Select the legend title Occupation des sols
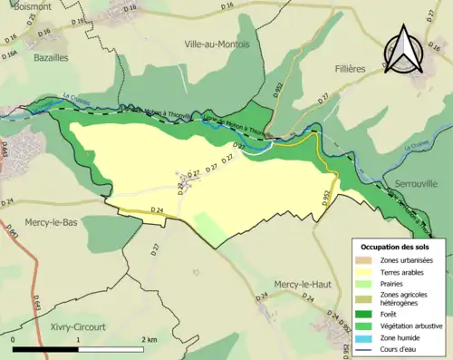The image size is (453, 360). pos(396,247)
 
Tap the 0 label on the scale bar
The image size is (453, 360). pos(14,338)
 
